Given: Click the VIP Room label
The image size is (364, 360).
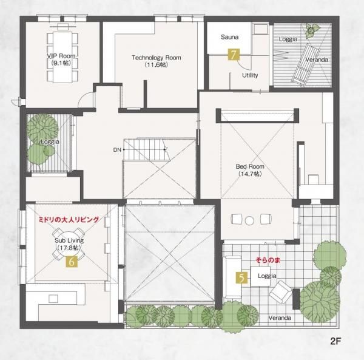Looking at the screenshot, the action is click(x=61, y=56).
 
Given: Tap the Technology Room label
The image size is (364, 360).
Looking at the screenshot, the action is click(x=157, y=58).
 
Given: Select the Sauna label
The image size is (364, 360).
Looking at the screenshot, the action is click(x=229, y=37).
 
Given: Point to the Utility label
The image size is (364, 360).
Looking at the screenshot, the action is click(x=250, y=75).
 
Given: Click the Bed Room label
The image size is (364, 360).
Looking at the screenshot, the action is click(x=250, y=166).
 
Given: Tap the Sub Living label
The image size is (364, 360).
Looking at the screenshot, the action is click(x=69, y=240).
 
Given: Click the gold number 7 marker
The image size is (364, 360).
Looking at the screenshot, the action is click(x=234, y=55).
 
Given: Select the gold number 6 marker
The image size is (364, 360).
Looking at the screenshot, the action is click(x=72, y=262).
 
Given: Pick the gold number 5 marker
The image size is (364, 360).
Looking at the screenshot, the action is click(x=241, y=278).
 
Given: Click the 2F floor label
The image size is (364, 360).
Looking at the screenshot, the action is click(x=335, y=341).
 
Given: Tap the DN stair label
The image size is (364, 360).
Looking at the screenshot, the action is click(x=117, y=150).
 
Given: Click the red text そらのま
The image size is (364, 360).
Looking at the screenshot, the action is click(x=268, y=260).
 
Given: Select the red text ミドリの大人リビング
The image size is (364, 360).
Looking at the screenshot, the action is click(x=69, y=220).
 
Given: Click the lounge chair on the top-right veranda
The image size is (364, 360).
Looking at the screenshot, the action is click(x=306, y=64).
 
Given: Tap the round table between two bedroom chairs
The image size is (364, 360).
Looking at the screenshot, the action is click(x=249, y=220).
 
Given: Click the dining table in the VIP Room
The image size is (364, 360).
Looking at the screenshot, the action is click(x=62, y=57).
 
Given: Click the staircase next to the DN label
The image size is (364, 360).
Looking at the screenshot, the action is click(x=146, y=150).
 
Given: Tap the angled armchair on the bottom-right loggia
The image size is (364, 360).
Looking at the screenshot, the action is click(x=281, y=292).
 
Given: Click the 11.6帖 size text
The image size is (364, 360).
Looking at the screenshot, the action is click(x=156, y=65).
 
